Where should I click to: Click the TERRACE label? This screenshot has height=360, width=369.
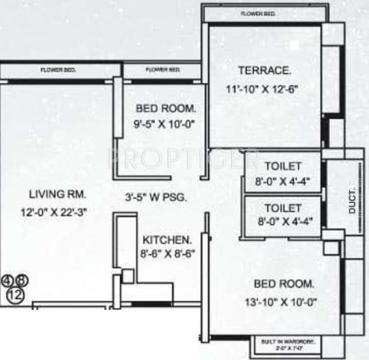click(x=264, y=71)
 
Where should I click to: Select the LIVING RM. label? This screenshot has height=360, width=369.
click(x=58, y=195)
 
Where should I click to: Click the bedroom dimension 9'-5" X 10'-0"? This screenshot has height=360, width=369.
click(x=156, y=124)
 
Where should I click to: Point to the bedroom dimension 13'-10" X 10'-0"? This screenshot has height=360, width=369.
click(x=284, y=301)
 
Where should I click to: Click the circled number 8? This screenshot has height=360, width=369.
click(x=21, y=281)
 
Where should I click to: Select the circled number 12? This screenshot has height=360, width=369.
click(x=15, y=294)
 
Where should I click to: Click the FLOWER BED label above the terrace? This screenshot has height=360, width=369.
click(x=258, y=13)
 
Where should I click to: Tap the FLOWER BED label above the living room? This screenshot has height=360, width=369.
click(x=58, y=70)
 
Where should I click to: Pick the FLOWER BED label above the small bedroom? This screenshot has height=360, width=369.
click(x=163, y=70)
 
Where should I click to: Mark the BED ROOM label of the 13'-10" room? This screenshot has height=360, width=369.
click(x=284, y=283)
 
